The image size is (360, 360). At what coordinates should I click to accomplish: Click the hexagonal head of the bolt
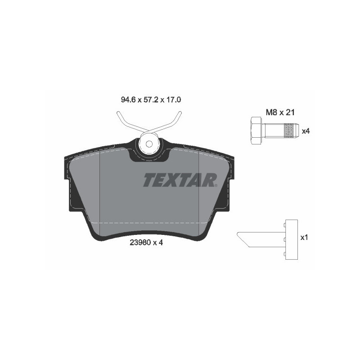tap(255, 130)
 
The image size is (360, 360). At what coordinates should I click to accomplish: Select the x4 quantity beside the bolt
tap(306, 131)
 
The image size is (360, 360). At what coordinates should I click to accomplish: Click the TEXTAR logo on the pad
tap(180, 180)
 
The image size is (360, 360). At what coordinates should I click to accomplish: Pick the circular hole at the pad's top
tap(148, 144)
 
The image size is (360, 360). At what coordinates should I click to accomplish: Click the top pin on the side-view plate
tap(285, 223)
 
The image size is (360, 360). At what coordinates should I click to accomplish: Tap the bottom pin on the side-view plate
tap(285, 255)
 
